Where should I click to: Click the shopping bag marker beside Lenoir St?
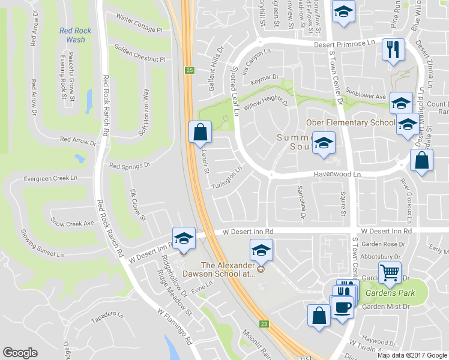[x=200, y=132]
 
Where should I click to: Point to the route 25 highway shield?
[x=190, y=70]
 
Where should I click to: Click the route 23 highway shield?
[x=264, y=324]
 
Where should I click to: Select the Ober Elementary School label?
[x=351, y=123]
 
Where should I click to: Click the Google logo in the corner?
[x=20, y=353]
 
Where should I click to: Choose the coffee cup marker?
[x=343, y=307]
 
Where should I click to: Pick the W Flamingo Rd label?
[x=174, y=326]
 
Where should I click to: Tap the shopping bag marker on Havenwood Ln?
[x=421, y=160]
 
